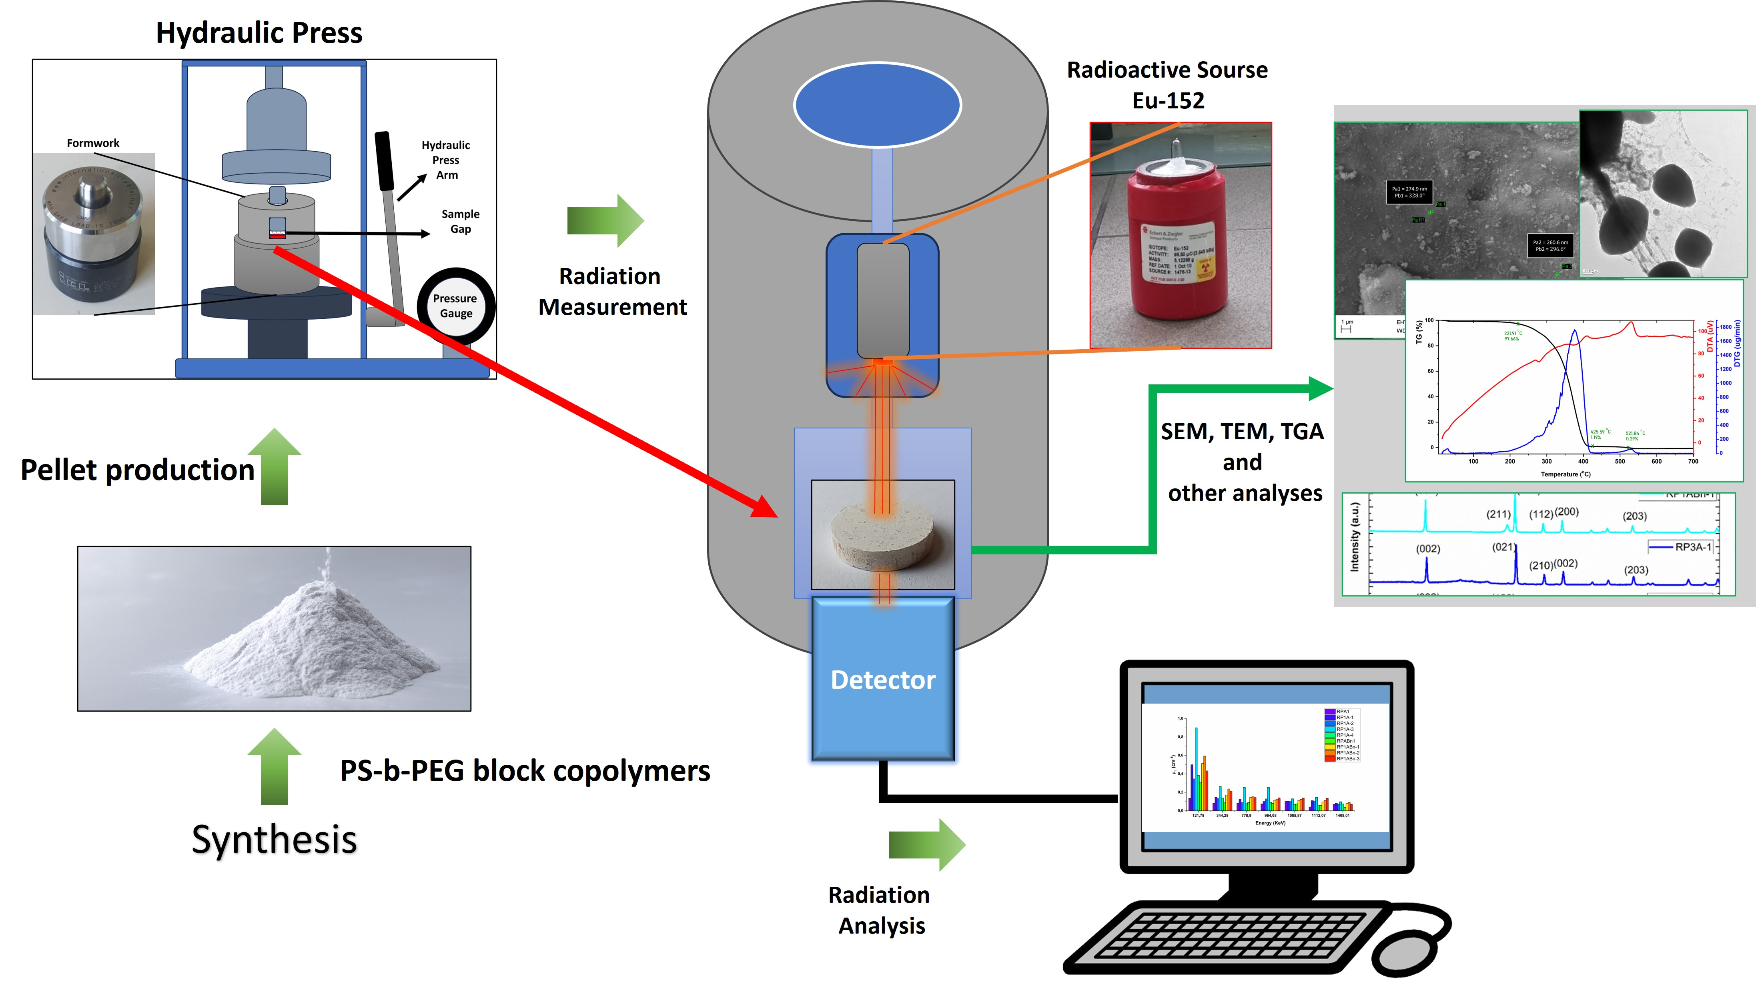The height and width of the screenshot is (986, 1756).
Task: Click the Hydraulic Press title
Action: tap(259, 33)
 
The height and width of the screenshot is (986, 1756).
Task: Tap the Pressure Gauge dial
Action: tap(455, 307)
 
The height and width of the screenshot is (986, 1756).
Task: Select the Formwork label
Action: tap(93, 143)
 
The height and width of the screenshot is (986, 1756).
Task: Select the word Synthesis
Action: tap(274, 840)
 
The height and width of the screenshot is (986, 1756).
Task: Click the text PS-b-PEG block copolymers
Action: tap(525, 771)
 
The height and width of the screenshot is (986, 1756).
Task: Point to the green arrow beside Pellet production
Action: tap(274, 467)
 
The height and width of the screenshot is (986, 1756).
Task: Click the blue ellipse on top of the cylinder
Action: tap(877, 104)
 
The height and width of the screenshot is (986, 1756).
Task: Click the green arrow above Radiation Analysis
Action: tap(927, 845)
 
